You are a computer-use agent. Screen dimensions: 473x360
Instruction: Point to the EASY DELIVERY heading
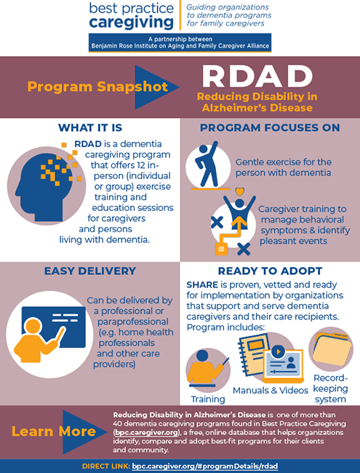coord(89,271)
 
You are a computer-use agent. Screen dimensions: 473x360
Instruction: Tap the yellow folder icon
coord(331,350)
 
